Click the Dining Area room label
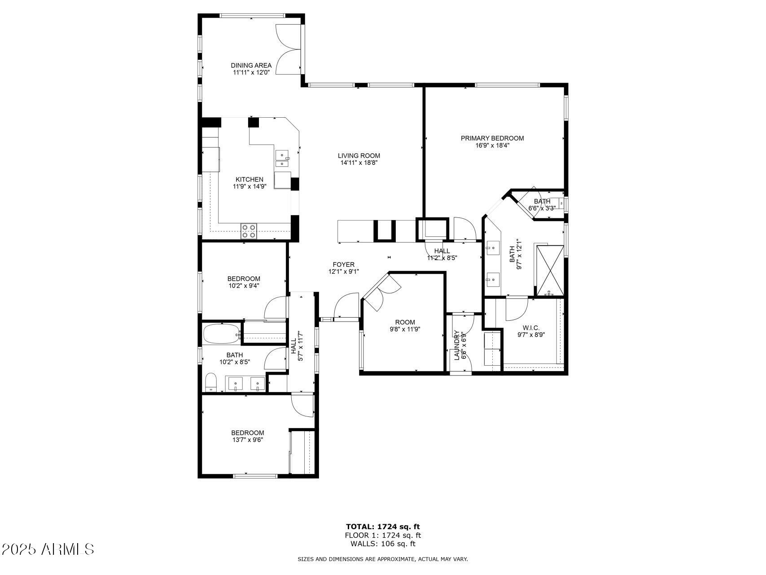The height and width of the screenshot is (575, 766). coord(251,65)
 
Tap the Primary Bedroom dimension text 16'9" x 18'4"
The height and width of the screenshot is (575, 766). coord(492,145)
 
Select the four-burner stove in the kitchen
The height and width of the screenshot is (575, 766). coord(249,230)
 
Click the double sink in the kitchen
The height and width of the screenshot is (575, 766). coord(282,159)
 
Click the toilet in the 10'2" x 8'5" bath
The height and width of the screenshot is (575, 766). coord(210,382)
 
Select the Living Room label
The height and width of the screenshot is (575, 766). coord(359,156)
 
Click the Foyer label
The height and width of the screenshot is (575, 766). coord(343,265)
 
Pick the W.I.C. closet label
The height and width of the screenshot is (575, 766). coord(531,328)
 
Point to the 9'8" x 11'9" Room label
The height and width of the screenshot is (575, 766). coord(405,322)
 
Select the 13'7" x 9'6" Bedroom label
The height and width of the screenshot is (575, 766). coord(245,433)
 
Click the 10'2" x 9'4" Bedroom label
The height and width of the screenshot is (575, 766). coord(243,279)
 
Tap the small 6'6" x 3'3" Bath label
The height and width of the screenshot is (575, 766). coord(542,201)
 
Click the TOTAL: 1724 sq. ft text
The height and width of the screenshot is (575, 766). coord(383,526)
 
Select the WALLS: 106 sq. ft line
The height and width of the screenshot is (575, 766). coord(383,544)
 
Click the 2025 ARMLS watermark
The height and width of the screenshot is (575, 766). coord(48,549)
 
